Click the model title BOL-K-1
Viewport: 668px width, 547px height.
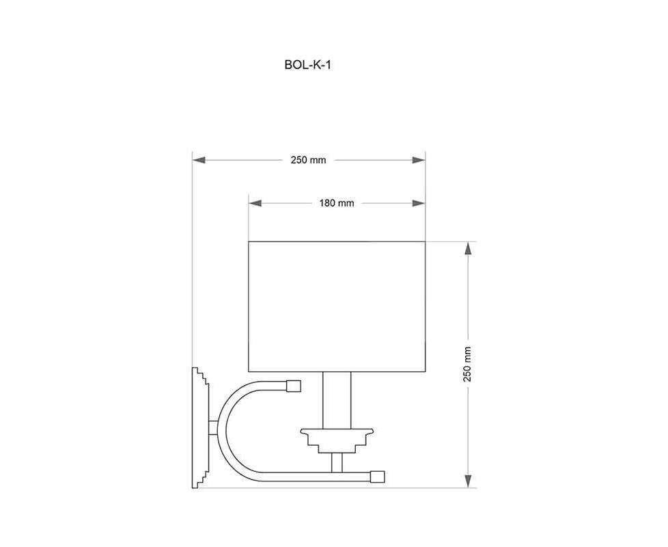coord(307,65)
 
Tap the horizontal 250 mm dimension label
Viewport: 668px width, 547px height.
coord(308,160)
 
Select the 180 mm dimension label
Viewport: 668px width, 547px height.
coord(337,203)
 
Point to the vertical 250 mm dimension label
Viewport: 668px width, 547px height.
coord(467,364)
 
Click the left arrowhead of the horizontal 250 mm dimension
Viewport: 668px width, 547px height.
coord(199,160)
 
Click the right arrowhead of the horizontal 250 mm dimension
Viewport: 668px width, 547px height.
coord(419,160)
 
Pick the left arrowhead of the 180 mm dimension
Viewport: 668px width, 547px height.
coord(255,203)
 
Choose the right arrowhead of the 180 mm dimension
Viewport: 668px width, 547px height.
coord(419,203)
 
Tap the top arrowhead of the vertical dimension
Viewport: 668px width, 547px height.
coord(468,248)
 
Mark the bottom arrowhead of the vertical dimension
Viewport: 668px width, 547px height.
coord(468,481)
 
